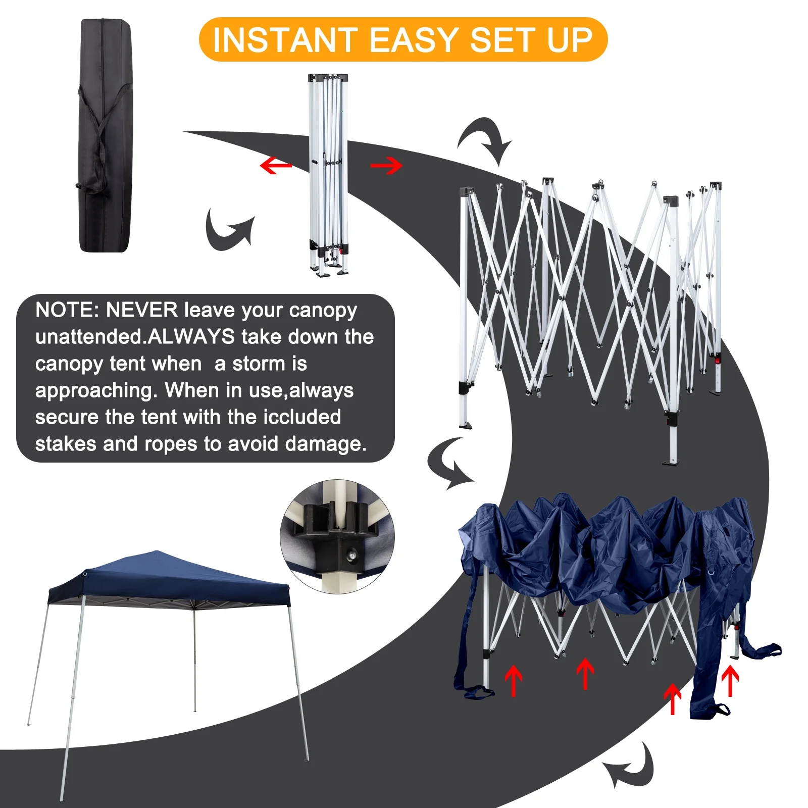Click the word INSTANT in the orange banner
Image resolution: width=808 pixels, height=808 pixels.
[x=284, y=40]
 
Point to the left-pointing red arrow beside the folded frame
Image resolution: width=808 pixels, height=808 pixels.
[x=275, y=165]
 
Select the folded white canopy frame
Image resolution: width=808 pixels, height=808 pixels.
[x=329, y=174]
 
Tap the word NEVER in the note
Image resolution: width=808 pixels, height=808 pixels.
[x=141, y=310]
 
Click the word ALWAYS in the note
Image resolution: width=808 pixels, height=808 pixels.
[x=191, y=337]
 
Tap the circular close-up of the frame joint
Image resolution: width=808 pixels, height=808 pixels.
[x=337, y=536]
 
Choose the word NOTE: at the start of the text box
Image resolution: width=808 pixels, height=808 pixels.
[x=67, y=310]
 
